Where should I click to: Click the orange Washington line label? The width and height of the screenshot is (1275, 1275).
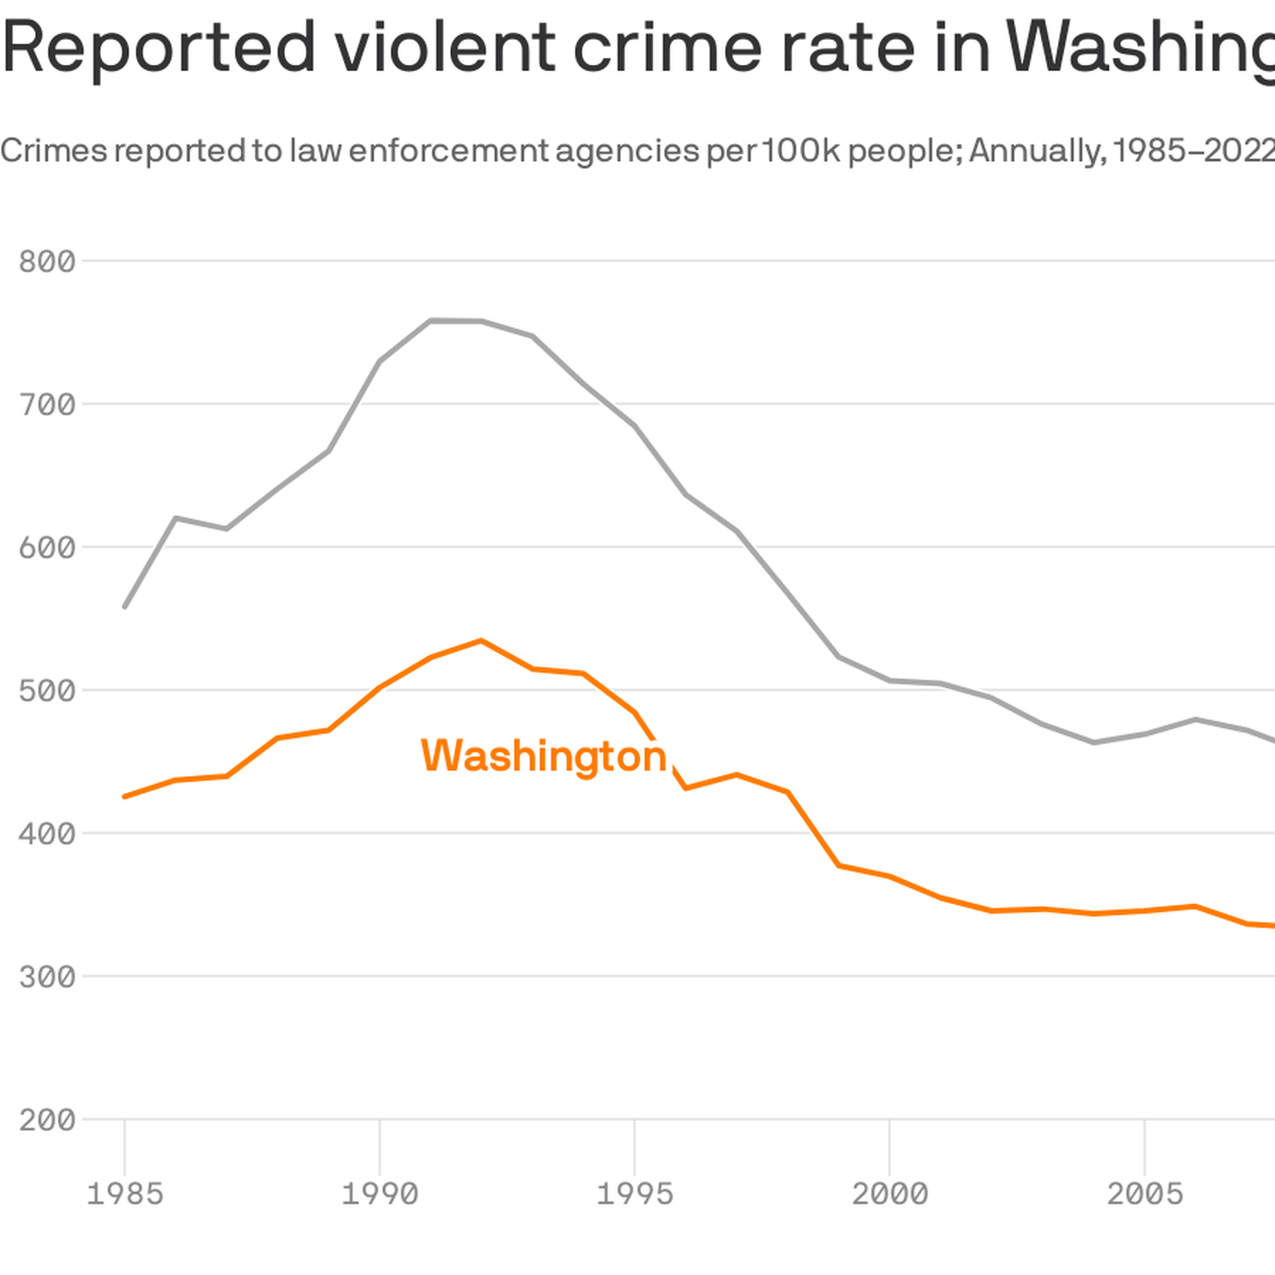coord(543,756)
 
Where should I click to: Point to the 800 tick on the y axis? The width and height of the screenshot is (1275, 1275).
coord(47,262)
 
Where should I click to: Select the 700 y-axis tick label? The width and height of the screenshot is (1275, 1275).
coord(47,404)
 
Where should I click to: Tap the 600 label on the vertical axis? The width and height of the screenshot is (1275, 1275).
coord(47,548)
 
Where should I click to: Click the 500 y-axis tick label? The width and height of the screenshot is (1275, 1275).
coord(47,691)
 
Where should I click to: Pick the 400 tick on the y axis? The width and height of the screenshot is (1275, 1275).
coord(47,833)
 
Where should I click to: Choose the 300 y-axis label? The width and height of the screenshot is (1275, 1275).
coord(47,977)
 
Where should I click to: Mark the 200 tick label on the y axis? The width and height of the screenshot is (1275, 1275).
coord(47,1120)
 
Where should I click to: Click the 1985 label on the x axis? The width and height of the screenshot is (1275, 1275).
coord(125,1194)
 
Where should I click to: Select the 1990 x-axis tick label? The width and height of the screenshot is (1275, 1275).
coord(380,1194)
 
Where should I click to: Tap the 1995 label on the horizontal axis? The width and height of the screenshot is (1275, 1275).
coord(635,1194)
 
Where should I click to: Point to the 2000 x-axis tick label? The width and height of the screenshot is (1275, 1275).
coord(890,1194)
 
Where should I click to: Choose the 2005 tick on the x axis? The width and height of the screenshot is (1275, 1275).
coord(1145,1194)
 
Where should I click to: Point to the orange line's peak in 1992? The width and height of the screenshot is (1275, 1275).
coord(481,641)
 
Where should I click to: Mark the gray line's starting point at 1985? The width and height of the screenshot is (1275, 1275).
coord(125,607)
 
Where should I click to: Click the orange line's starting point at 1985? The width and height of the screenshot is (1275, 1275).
coord(125,797)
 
